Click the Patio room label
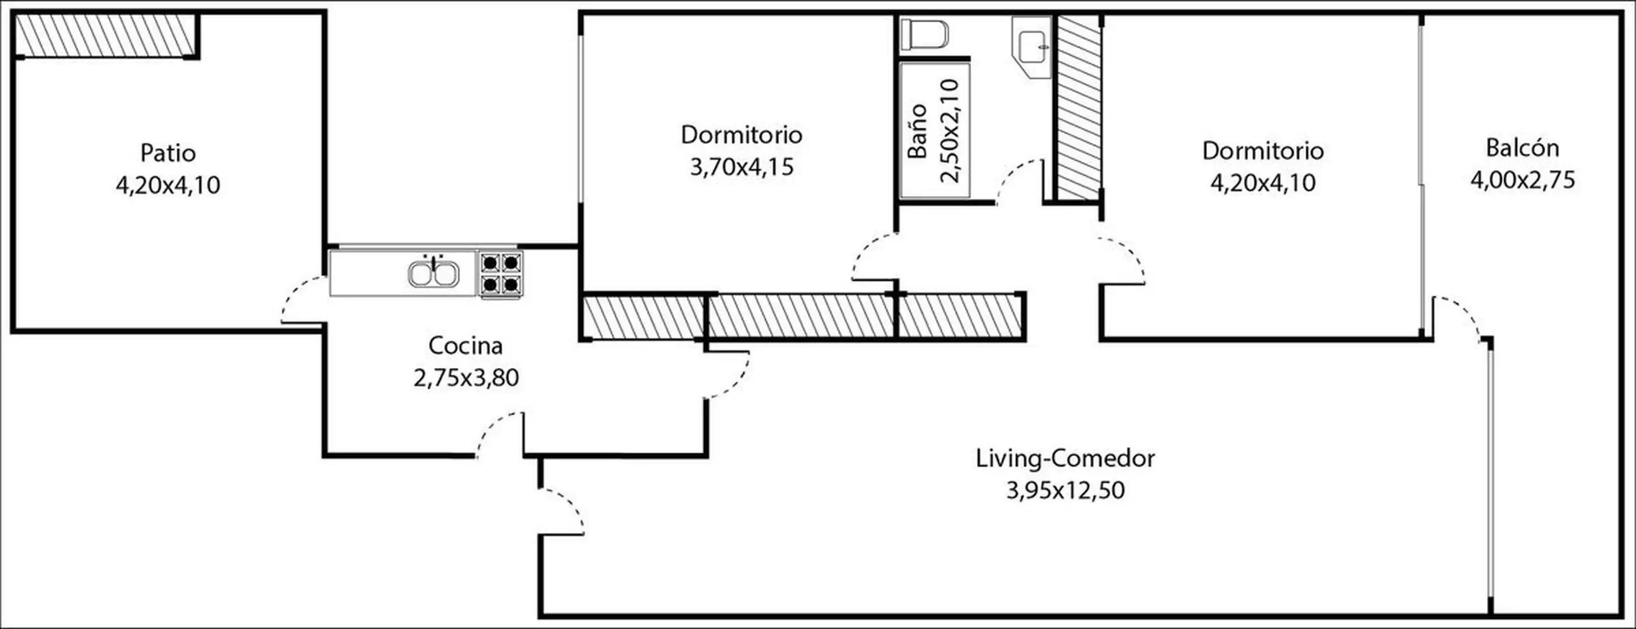[168, 153]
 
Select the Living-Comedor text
[1065, 458]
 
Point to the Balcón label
[1523, 148]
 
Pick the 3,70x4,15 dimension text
[742, 167]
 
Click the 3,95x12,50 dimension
[1065, 490]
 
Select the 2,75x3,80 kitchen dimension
[466, 378]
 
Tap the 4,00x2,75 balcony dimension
[1523, 181]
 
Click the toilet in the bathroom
[925, 34]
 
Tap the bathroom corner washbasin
[1032, 47]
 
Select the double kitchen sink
[434, 273]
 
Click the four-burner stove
[501, 274]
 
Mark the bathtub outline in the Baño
[935, 130]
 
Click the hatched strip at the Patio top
[105, 34]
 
